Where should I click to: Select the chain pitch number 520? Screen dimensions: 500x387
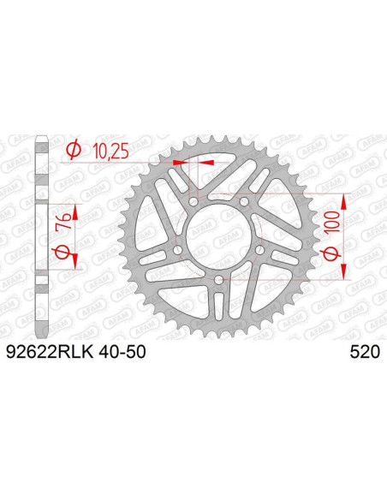click(x=366, y=351)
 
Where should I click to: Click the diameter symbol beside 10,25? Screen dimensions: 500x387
click(x=74, y=151)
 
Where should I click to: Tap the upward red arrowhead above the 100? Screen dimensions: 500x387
click(x=344, y=199)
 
